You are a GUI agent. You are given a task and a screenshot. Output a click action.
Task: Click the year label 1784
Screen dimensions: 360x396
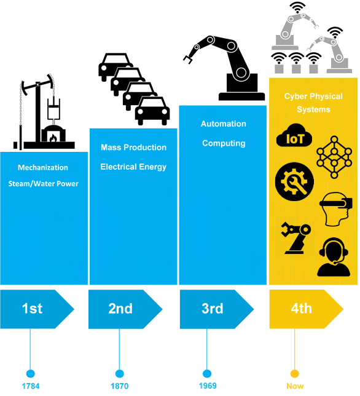tap(31, 386)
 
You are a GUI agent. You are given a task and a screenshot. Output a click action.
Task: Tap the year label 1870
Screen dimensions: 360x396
tap(120, 386)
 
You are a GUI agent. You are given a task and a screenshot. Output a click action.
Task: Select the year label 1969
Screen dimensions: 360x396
tap(208, 386)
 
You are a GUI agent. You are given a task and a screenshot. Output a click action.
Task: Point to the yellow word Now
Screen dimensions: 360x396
tap(295, 386)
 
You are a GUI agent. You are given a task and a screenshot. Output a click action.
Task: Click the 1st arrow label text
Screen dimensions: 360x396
tap(33, 308)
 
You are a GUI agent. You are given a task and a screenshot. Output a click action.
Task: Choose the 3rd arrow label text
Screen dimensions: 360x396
tap(213, 308)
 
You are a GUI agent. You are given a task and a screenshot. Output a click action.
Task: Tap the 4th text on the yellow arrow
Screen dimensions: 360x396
tap(301, 308)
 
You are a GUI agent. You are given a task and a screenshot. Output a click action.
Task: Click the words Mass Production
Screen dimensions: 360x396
tap(133, 147)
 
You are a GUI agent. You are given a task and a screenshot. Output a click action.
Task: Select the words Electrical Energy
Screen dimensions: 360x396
tap(133, 167)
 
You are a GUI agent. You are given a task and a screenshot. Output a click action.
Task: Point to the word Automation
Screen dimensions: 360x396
tap(224, 124)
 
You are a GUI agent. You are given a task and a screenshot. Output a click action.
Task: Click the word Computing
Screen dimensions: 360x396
tap(224, 143)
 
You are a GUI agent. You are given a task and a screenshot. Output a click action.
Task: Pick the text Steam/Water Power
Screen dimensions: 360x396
tap(44, 184)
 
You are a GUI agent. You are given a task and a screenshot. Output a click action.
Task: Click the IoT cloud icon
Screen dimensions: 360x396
tap(294, 136)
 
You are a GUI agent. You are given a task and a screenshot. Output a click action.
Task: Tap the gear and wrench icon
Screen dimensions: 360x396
tap(294, 182)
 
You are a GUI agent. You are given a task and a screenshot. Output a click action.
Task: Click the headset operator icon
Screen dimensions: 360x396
tap(334, 258)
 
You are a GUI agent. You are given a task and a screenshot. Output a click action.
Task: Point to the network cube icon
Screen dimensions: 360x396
tap(334, 157)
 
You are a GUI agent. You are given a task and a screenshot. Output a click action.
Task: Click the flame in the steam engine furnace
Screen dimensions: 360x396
tap(53, 138)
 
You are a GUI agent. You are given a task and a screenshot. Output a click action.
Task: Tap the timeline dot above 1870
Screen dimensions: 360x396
tap(120, 373)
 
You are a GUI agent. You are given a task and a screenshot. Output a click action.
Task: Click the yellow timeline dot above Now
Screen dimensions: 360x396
tap(295, 373)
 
